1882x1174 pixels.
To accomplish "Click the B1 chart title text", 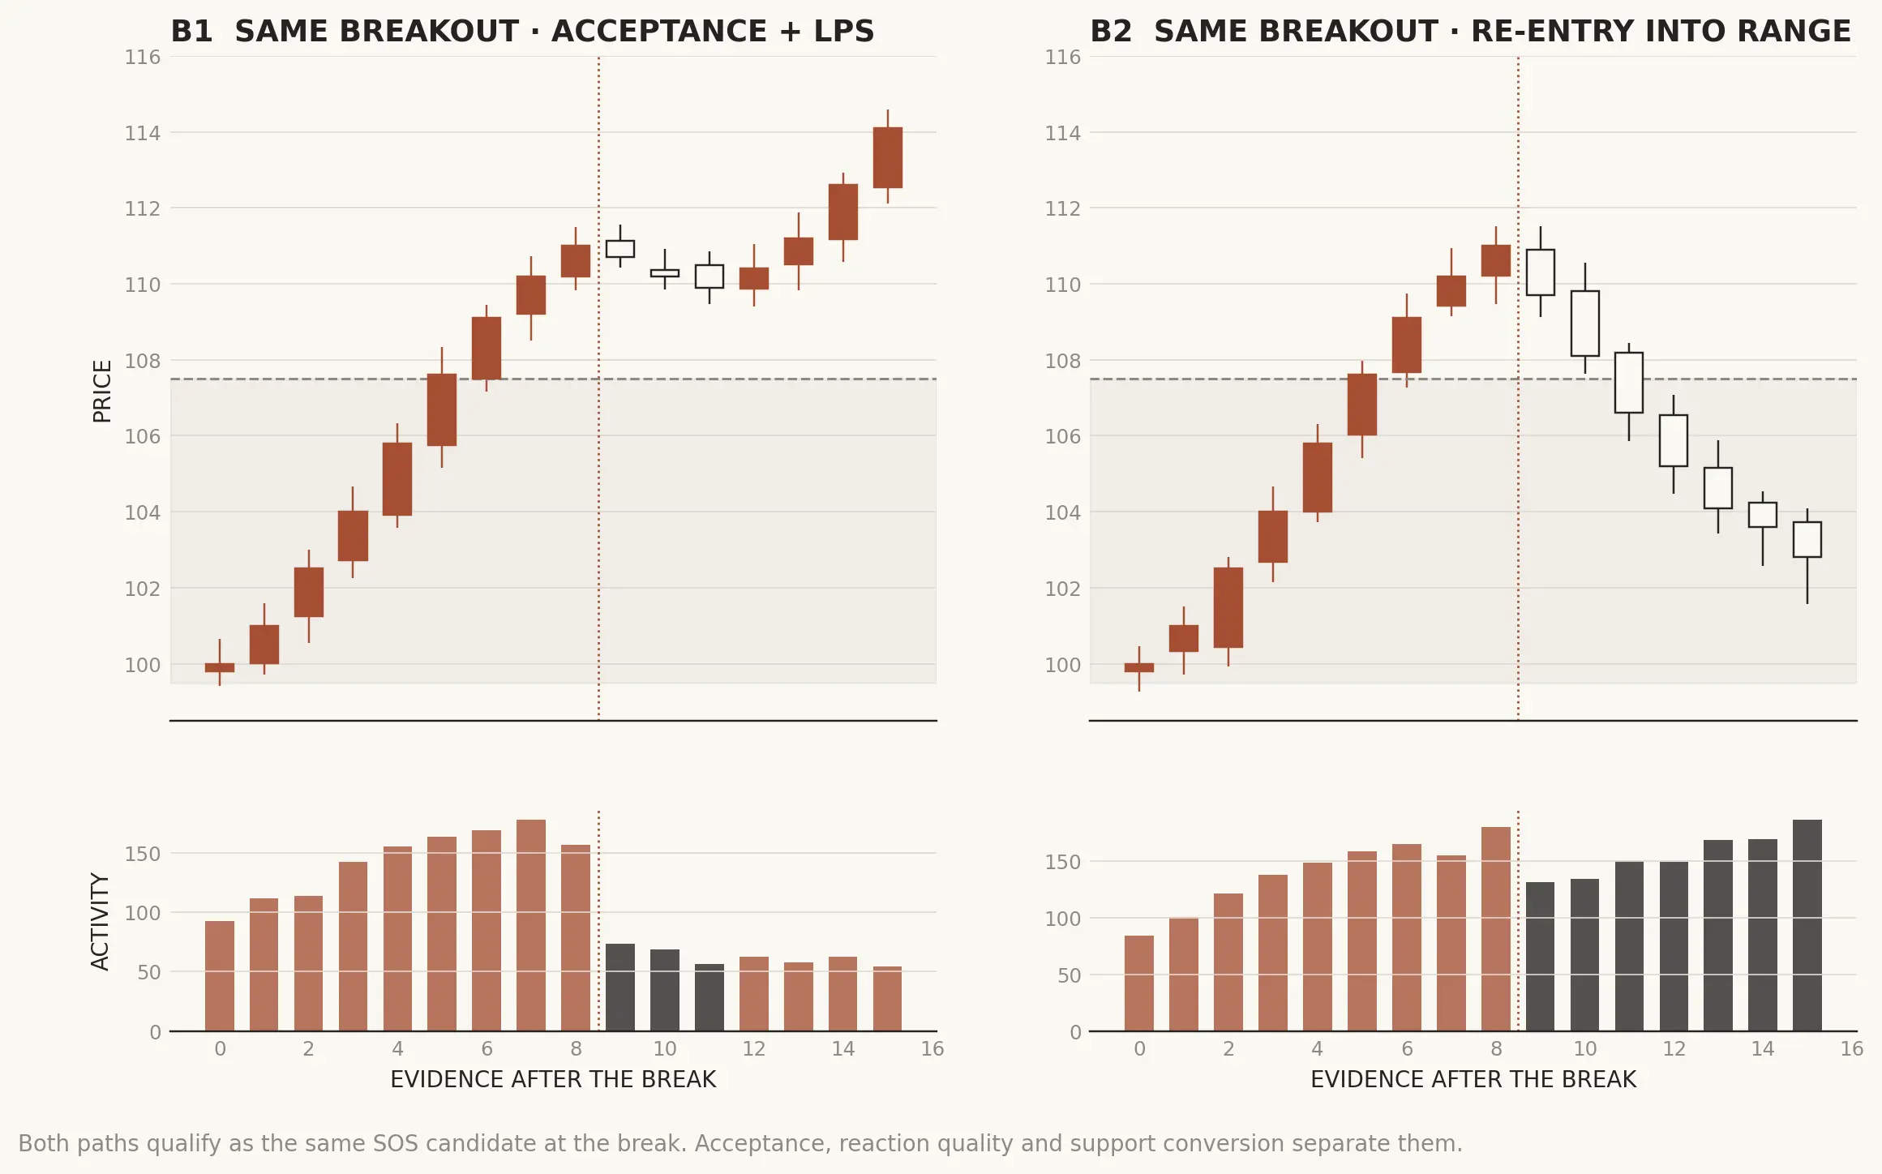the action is pos(522,32).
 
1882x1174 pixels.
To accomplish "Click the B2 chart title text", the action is pos(1470,32).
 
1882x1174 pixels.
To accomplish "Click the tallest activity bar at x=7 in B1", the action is pos(531,925).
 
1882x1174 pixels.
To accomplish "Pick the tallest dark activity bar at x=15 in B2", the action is pos(1807,925).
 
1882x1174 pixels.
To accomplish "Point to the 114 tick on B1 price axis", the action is pos(143,133).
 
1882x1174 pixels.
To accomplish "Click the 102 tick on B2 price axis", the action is pos(1062,589).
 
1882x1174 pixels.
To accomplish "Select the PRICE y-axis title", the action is pos(102,392).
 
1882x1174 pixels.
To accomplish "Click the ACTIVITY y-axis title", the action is pos(100,921).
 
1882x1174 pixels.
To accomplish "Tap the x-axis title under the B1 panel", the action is pos(553,1080).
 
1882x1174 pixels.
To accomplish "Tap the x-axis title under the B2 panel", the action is pos(1473,1080).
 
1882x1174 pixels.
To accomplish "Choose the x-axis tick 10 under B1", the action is pos(665,1049).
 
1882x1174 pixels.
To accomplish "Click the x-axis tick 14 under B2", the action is pos(1763,1049).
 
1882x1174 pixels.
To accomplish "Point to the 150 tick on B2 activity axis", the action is pos(1062,862).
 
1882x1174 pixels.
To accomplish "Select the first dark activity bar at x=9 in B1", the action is pos(620,988).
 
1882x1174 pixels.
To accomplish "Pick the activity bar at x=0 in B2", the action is pos(1139,983).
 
